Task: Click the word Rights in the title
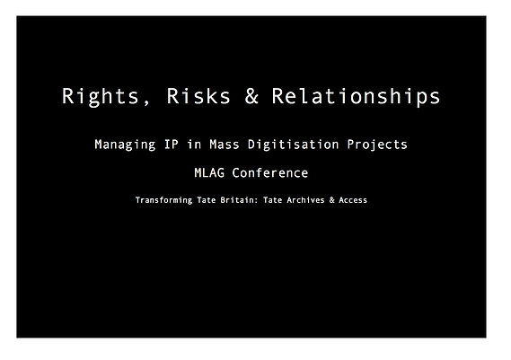pyautogui.click(x=101, y=97)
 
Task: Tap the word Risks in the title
pyautogui.click(x=198, y=96)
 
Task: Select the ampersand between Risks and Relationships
pyautogui.click(x=251, y=96)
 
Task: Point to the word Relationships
pyautogui.click(x=356, y=97)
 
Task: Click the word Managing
pyautogui.click(x=125, y=145)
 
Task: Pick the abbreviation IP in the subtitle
pyautogui.click(x=172, y=144)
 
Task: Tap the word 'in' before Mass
pyautogui.click(x=194, y=144)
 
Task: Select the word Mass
pyautogui.click(x=225, y=144)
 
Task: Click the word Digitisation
pyautogui.click(x=293, y=145)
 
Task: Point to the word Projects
pyautogui.click(x=377, y=145)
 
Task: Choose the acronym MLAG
pyautogui.click(x=209, y=172)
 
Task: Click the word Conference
pyautogui.click(x=269, y=172)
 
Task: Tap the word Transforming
pyautogui.click(x=163, y=200)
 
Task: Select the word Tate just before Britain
pyautogui.click(x=207, y=199)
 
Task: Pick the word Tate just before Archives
pyautogui.click(x=272, y=199)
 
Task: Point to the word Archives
pyautogui.click(x=305, y=199)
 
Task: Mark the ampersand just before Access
pyautogui.click(x=331, y=199)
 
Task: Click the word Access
pyautogui.click(x=353, y=199)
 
